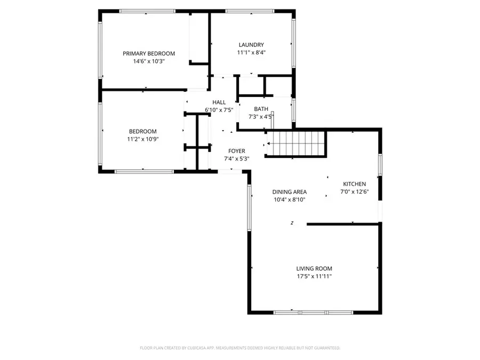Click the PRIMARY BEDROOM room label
pyautogui.click(x=149, y=53)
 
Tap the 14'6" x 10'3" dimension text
pyautogui.click(x=149, y=61)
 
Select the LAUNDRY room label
pyautogui.click(x=251, y=45)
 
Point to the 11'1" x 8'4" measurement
pyautogui.click(x=251, y=52)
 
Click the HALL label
pyautogui.click(x=219, y=102)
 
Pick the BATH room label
pyautogui.click(x=261, y=109)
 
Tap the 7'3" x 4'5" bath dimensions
pyautogui.click(x=261, y=117)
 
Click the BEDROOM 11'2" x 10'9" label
pyautogui.click(x=143, y=132)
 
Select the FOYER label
pyautogui.click(x=237, y=151)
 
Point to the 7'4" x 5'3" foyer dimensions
pyautogui.click(x=237, y=158)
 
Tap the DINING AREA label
pyautogui.click(x=290, y=192)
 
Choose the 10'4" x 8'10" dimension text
pyautogui.click(x=290, y=200)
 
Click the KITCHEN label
pyautogui.click(x=354, y=184)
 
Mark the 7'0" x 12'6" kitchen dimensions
pyautogui.click(x=354, y=191)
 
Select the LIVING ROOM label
pyautogui.click(x=315, y=268)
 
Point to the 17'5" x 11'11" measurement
pyautogui.click(x=315, y=276)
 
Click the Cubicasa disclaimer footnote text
pyautogui.click(x=240, y=348)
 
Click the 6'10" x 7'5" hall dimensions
pyautogui.click(x=219, y=110)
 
